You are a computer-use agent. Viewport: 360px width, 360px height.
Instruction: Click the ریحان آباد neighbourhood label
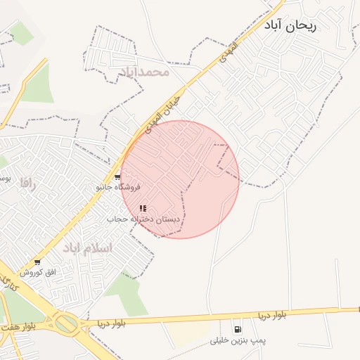(290, 25)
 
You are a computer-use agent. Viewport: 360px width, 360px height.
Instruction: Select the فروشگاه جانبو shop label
(119, 188)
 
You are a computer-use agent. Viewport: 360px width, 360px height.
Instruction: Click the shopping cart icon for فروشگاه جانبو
(117, 177)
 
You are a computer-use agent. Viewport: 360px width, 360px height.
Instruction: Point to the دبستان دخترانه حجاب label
(143, 219)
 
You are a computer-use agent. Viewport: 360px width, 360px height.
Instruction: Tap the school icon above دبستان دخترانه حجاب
(143, 208)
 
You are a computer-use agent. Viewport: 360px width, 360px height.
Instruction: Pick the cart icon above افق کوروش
(37, 262)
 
